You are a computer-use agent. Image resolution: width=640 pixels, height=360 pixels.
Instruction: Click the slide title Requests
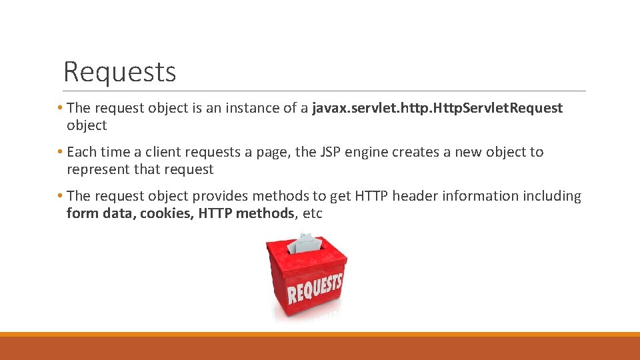(120, 71)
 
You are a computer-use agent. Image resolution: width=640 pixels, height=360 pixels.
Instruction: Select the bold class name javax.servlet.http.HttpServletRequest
(437, 108)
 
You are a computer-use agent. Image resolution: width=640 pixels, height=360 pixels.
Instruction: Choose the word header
(414, 196)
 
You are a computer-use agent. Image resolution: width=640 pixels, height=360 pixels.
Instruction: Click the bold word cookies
(167, 213)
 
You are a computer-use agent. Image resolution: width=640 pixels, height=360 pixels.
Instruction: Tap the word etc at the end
(312, 213)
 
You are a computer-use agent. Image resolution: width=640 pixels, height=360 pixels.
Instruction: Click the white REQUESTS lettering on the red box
(315, 287)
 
